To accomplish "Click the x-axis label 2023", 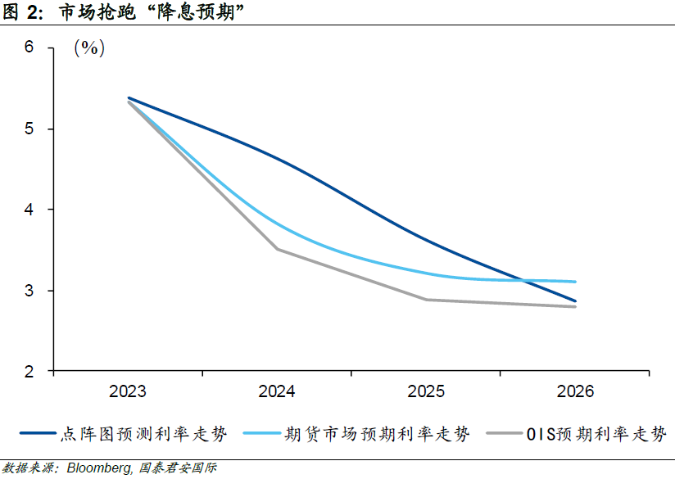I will [128, 392].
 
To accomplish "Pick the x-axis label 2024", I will [277, 392].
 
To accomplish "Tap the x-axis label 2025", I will [426, 392].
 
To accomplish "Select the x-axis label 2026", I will [575, 392].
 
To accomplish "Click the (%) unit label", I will [89, 48].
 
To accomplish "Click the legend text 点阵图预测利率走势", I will [143, 434].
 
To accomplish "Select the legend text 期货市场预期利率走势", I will [378, 434].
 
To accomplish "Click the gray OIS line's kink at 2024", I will [277, 249].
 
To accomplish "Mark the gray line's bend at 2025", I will [426, 300].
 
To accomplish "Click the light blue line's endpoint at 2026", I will [575, 282].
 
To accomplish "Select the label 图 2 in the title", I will [20, 11].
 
